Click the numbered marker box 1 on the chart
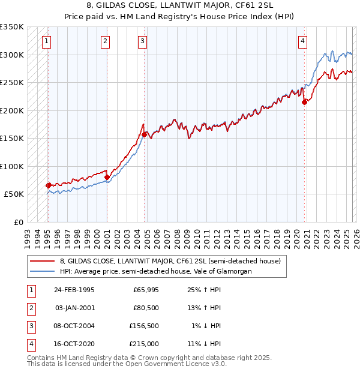tap(47, 41)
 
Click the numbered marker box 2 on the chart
tap(105, 41)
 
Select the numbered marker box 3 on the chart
tap(142, 41)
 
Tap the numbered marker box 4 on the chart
tap(302, 41)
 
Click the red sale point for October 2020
tap(304, 102)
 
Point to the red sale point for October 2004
tap(144, 134)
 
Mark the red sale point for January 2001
tap(107, 177)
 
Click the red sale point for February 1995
tap(48, 185)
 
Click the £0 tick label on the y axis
tap(18, 222)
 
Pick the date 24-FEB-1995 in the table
tap(74, 290)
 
